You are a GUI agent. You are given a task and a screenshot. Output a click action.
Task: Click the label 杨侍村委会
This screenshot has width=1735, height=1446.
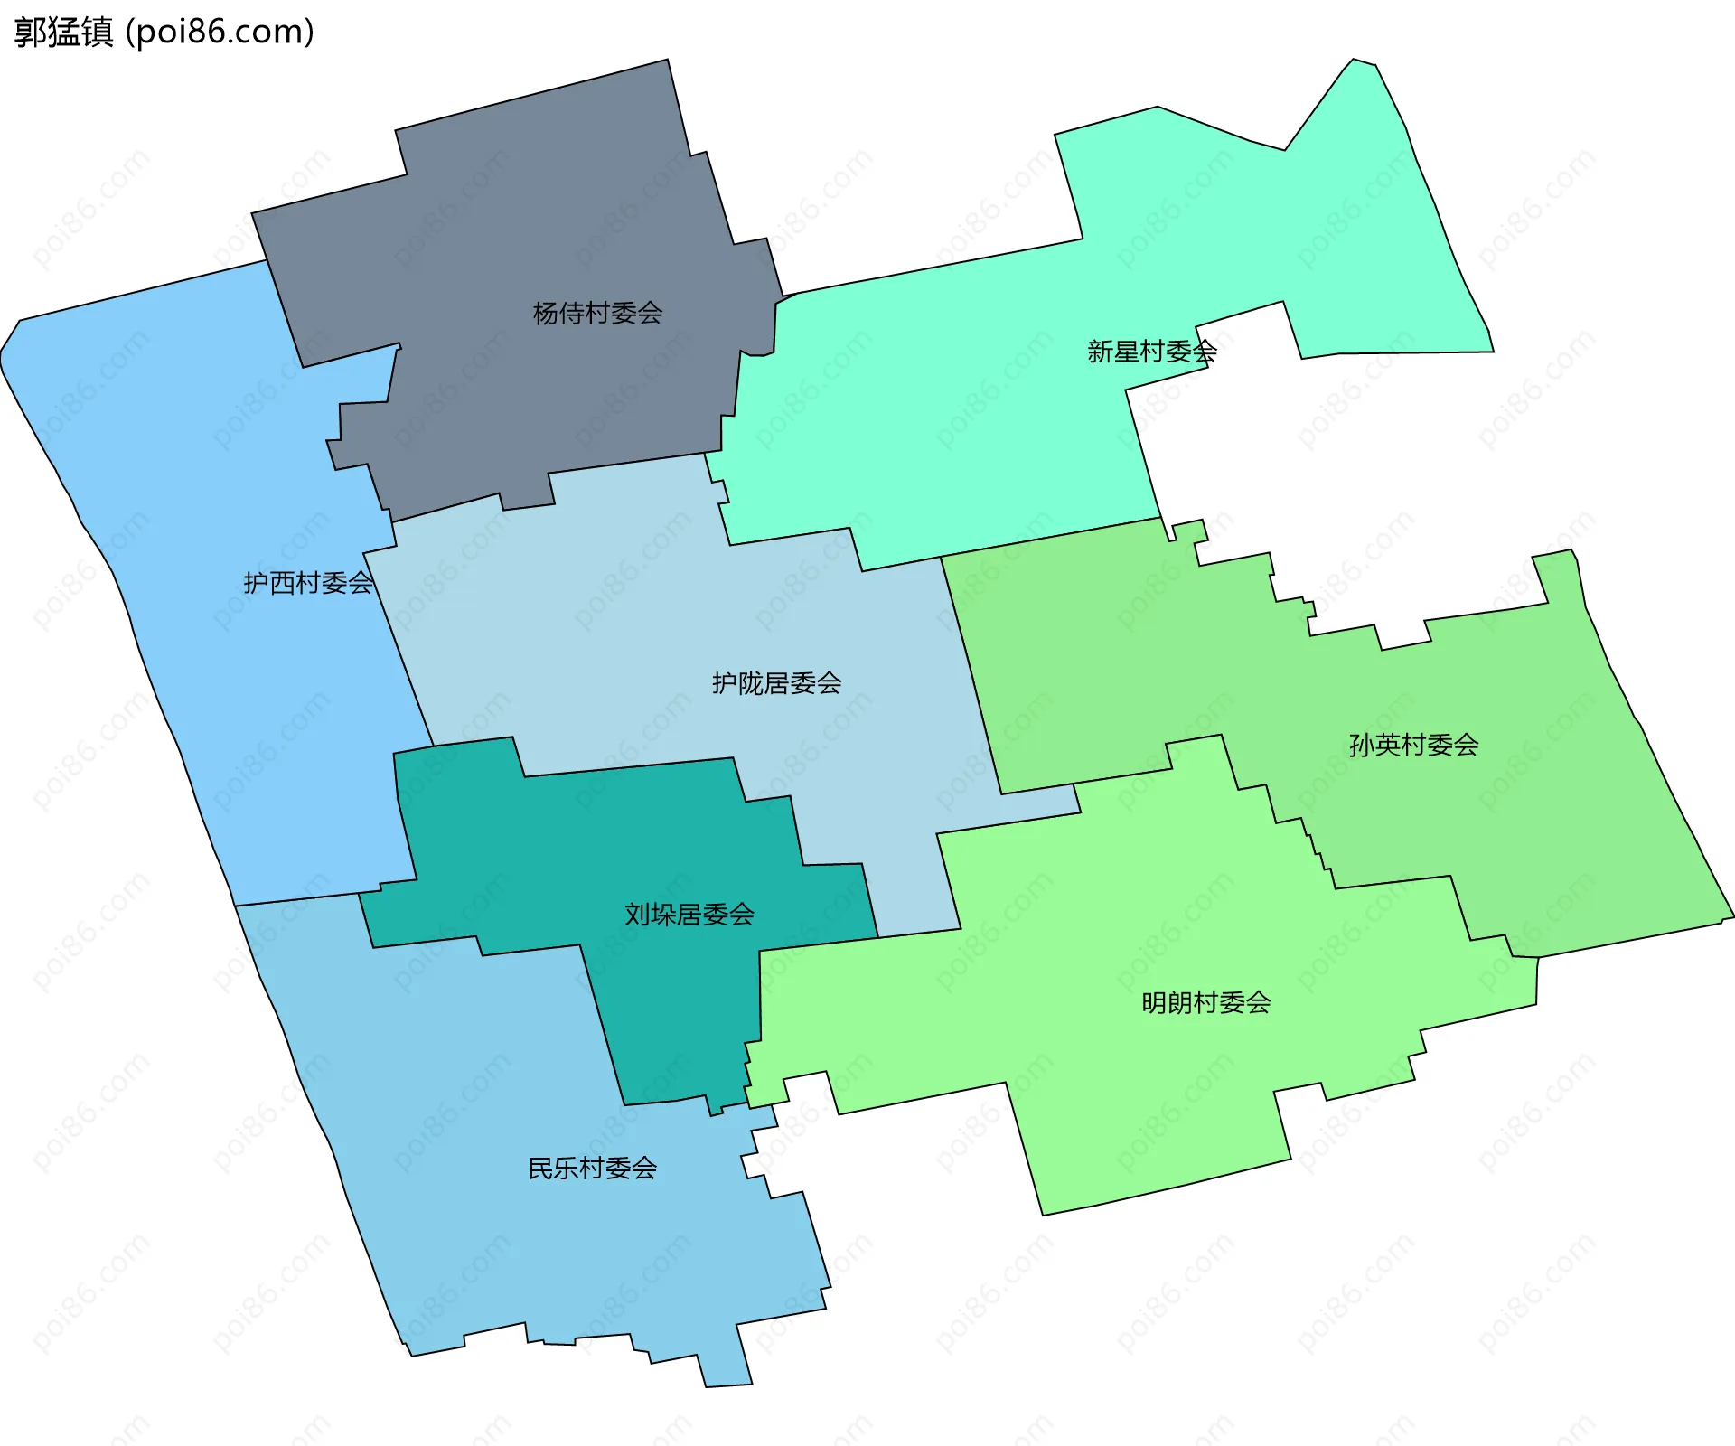coord(597,314)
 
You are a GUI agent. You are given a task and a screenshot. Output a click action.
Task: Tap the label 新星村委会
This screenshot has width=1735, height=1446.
coord(1151,352)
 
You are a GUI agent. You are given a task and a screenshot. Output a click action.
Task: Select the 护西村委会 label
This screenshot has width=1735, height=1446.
coord(308,583)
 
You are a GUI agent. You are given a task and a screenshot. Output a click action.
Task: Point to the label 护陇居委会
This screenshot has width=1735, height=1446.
coord(776,683)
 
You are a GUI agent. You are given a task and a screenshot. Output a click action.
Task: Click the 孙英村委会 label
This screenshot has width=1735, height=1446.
coord(1413,745)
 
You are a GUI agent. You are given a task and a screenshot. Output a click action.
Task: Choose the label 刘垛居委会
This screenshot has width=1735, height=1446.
coord(689,915)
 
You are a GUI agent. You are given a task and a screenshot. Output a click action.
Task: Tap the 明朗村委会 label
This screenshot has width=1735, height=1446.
coord(1205,1002)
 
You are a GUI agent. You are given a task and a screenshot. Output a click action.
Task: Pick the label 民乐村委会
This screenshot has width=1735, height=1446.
coord(592,1169)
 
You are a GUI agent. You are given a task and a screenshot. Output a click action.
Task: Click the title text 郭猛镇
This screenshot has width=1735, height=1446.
coord(63,32)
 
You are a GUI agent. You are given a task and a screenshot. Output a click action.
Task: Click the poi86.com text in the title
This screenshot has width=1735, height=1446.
coord(220,32)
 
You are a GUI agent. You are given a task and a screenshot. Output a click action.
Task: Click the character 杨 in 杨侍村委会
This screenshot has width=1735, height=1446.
coord(546,314)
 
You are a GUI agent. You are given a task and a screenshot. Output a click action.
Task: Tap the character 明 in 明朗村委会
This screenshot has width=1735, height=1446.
coord(1154,1002)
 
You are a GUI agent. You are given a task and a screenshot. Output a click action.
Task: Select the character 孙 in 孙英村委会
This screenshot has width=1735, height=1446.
coord(1362,745)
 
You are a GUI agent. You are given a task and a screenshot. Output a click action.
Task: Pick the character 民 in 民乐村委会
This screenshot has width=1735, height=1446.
coord(540,1169)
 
